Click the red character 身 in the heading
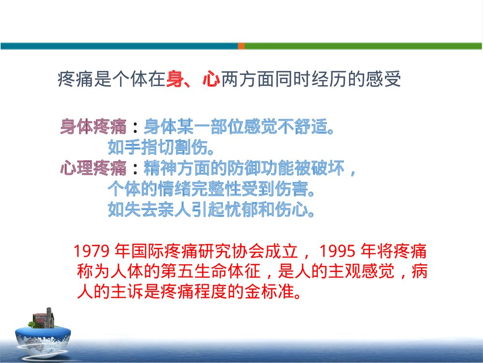click(x=175, y=78)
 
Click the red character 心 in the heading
click(x=211, y=78)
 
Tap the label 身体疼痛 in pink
click(x=93, y=127)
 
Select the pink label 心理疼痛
click(x=93, y=168)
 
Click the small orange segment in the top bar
click(x=241, y=46)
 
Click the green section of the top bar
click(x=362, y=46)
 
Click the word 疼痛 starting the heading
click(x=75, y=78)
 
